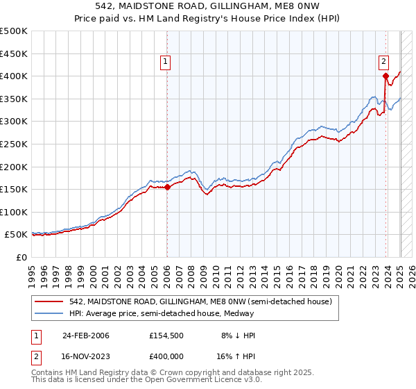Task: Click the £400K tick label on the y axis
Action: coord(14,76)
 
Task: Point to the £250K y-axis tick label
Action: coord(14,144)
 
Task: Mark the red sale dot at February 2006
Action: coord(167,186)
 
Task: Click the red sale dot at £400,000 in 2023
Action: coord(385,76)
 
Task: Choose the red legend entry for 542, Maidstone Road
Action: coord(201,301)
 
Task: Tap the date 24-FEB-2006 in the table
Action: coord(85,336)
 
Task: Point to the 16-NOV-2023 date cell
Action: coord(85,356)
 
